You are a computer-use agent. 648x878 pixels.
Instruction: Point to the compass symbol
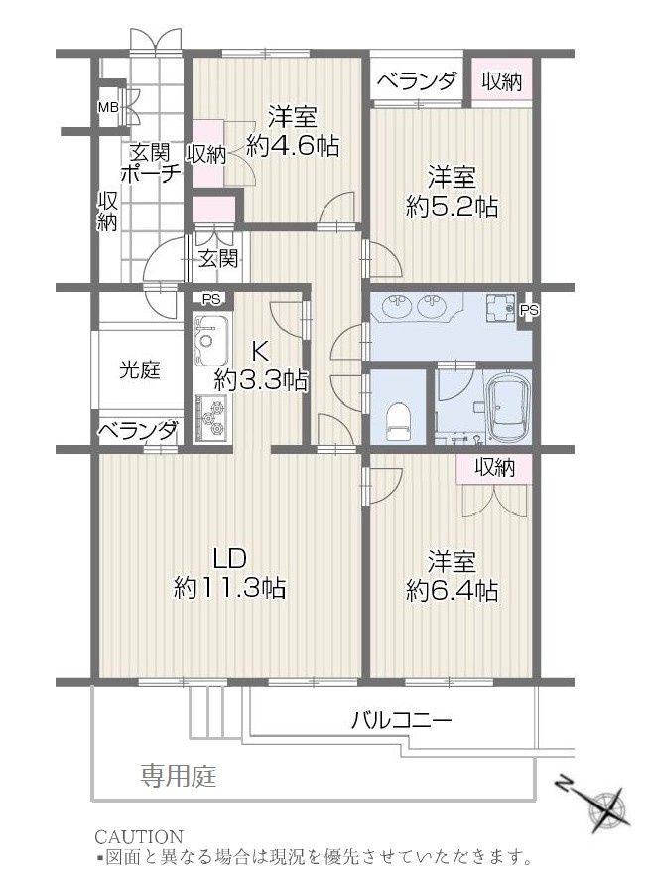pos(602,805)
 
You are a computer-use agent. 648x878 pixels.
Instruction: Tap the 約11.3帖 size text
pos(230,588)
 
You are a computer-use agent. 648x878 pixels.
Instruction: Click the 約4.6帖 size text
pos(293,147)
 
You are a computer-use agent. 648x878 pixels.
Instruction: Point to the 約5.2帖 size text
pos(452,207)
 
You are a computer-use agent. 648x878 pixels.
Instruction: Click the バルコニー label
pos(401,720)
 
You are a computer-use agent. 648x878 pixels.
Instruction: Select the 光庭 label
pos(140,370)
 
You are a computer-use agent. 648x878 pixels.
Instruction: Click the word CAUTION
pos(138,836)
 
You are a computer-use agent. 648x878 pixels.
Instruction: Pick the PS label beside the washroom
pos(529,310)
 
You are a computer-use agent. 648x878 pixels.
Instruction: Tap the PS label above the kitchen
pos(210,298)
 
